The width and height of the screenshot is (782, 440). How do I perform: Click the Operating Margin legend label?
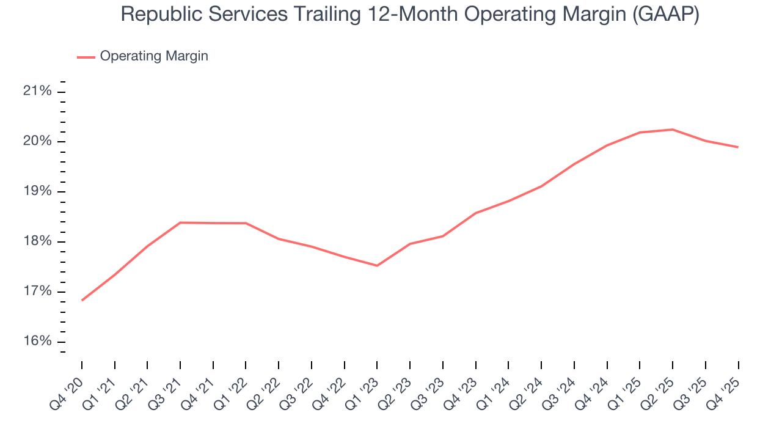point(154,56)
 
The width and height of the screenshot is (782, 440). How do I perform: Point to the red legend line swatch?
point(86,57)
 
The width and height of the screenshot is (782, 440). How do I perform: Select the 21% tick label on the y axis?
point(37,92)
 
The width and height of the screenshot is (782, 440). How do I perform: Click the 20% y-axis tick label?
point(37,142)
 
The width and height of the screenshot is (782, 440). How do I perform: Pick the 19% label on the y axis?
point(37,192)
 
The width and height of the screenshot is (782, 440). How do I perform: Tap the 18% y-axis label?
point(37,241)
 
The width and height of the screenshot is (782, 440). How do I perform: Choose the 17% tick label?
point(37,291)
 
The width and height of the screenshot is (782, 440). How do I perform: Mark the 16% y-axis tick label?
point(37,342)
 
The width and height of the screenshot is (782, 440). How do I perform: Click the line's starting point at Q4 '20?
point(82,300)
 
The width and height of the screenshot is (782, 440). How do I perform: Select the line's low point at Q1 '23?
point(377,266)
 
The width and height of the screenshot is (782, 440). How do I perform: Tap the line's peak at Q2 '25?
point(673,130)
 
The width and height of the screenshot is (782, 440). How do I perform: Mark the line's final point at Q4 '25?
point(738,147)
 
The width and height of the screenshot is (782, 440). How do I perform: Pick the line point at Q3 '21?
point(180,222)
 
